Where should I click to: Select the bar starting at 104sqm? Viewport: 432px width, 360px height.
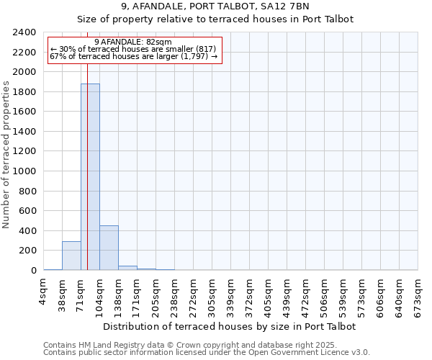pos(109,248)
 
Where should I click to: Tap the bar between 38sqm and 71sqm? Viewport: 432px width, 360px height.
pos(71,256)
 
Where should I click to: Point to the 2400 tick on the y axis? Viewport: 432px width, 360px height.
pos(24,32)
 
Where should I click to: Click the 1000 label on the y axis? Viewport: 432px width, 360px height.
pos(24,171)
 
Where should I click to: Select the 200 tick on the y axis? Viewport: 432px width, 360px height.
pos(27,251)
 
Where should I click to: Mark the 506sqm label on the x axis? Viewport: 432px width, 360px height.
pos(325,294)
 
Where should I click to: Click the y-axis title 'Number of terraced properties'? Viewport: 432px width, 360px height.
pos(6,155)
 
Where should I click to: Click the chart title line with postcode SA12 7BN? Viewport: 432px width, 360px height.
pos(215,6)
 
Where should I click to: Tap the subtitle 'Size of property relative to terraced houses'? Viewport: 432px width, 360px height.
pos(215,19)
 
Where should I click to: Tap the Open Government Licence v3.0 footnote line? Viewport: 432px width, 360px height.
pos(207,353)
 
